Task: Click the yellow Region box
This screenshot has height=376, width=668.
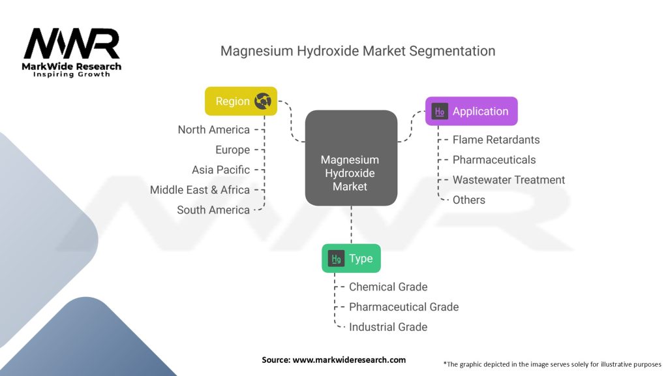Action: point(241,101)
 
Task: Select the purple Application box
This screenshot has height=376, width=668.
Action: point(471,111)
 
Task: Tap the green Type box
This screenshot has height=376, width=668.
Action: point(351,258)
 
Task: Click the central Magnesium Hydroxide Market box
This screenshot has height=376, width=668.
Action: point(351,158)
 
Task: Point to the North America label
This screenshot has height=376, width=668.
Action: point(214,130)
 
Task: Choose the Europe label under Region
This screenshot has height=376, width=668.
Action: point(233,149)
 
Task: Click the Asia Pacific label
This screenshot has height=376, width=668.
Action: point(220,170)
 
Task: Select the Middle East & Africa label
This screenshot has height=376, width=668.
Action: point(200,190)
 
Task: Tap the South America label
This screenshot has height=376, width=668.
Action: point(213,210)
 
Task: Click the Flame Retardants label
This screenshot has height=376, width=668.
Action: point(496,140)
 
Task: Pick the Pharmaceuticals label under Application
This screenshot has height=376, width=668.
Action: point(494,160)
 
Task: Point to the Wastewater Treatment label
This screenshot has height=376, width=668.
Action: point(509,180)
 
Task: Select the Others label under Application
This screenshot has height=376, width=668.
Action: point(468,200)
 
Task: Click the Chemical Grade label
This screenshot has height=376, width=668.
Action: point(388,287)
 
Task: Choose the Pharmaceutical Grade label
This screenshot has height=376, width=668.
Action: point(404,307)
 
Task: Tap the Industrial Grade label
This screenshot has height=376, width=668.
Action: point(388,327)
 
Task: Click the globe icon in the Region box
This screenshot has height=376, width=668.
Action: point(263,101)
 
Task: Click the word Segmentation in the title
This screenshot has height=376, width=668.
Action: point(452,51)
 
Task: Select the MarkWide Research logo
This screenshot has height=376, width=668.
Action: point(72,52)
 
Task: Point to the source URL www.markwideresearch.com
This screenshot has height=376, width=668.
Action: point(349,360)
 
